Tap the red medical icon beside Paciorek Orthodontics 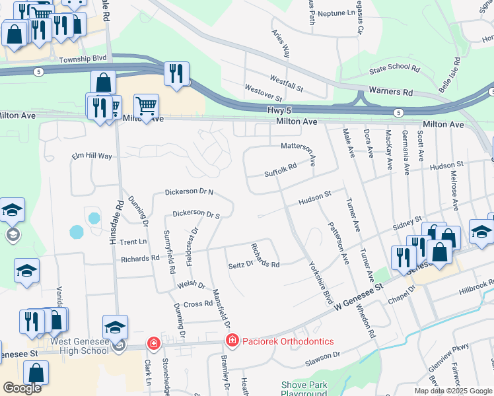[232, 341]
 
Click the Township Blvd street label [83, 58]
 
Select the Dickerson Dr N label [189, 192]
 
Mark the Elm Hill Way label [92, 156]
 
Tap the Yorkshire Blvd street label [320, 282]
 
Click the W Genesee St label [359, 298]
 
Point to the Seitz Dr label [240, 264]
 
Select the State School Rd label [394, 68]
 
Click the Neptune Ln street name [335, 13]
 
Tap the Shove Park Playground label [304, 389]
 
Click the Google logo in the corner [22, 388]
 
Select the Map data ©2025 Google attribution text [452, 391]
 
